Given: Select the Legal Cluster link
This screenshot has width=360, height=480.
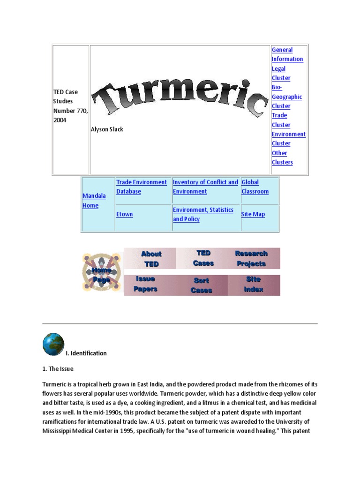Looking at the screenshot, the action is click(281, 73).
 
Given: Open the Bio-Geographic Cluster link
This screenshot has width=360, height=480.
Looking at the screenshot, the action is click(286, 97).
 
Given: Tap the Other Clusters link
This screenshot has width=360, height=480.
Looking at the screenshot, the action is click(282, 157).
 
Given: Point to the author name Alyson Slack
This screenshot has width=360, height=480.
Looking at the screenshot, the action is click(107, 129).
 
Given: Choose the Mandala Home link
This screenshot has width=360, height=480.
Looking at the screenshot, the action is click(94, 200).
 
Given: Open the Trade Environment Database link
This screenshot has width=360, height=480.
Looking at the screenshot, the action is click(141, 187).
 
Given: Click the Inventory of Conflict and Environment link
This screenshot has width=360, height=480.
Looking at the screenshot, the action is click(205, 187).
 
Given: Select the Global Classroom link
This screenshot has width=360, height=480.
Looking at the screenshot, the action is click(255, 187).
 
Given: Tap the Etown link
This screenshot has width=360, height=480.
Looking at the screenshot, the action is click(124, 214).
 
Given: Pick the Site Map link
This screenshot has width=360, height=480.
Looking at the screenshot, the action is click(253, 214).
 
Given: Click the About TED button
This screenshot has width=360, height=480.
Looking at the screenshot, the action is click(151, 259).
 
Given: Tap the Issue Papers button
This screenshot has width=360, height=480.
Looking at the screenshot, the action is click(146, 284).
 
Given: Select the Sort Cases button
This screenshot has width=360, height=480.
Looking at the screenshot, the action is click(202, 285).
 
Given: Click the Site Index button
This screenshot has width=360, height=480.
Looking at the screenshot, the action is click(253, 285).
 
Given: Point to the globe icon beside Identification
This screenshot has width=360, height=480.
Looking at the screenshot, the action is click(53, 344).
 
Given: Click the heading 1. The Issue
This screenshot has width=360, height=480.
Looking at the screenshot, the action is click(58, 369).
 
